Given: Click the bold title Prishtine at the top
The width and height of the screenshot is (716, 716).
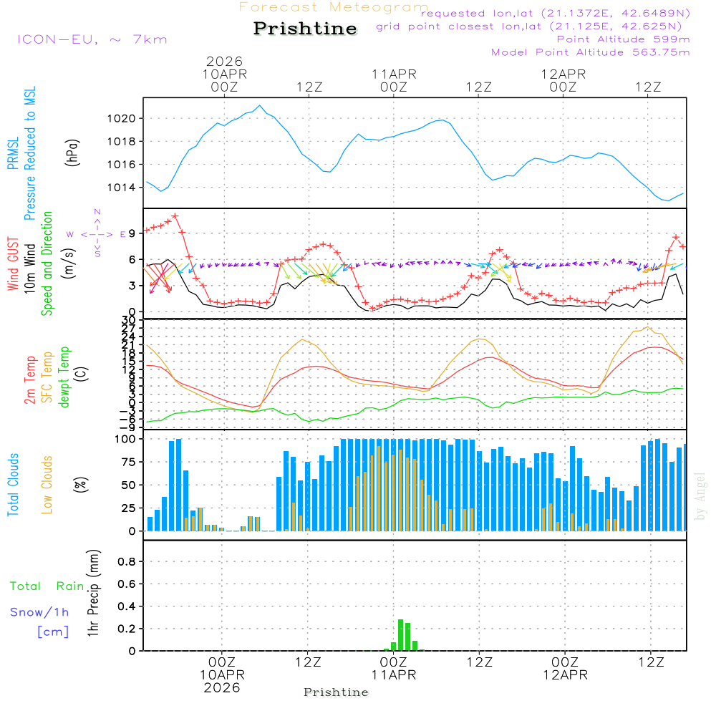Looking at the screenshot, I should click(x=305, y=29).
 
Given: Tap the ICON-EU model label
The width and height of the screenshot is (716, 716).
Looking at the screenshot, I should click(x=92, y=39).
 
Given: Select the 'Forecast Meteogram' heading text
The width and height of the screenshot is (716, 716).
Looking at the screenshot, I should click(x=334, y=7).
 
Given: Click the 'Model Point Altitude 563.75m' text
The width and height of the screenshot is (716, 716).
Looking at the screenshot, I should click(x=590, y=52).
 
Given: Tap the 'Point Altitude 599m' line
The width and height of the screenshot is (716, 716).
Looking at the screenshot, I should click(x=623, y=39).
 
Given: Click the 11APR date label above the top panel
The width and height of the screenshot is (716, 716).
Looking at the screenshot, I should click(x=394, y=74).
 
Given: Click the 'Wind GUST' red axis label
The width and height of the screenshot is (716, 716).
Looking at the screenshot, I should click(x=13, y=263).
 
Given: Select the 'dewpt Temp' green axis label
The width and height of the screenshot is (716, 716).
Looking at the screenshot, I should click(x=65, y=377).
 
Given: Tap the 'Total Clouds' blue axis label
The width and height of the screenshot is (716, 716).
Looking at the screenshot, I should click(x=13, y=485).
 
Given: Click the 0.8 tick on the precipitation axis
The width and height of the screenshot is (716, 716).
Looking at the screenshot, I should click(x=127, y=562).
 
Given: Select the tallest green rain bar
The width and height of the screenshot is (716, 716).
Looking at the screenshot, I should click(x=400, y=635).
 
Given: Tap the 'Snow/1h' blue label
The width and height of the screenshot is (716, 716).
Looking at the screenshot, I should click(x=39, y=613).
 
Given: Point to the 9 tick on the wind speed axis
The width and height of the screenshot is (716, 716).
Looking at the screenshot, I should click(x=132, y=233).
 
